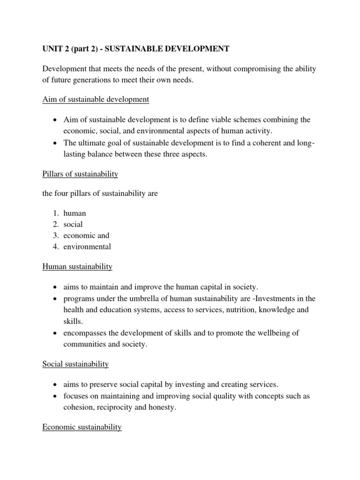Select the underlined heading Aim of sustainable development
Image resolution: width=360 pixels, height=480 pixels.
click(96, 99)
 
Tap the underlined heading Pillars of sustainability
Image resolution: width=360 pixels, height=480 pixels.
click(80, 174)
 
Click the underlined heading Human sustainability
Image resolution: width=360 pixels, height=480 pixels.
click(77, 266)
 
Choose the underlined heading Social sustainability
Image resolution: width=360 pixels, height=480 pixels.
click(75, 364)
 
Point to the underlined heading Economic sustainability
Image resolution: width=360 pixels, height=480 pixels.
click(82, 427)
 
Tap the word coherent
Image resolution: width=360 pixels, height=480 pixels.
click(260, 142)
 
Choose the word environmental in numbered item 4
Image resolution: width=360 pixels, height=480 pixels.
click(87, 247)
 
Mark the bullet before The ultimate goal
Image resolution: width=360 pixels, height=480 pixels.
click(56, 142)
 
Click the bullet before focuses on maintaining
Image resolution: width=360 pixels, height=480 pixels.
click(56, 396)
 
